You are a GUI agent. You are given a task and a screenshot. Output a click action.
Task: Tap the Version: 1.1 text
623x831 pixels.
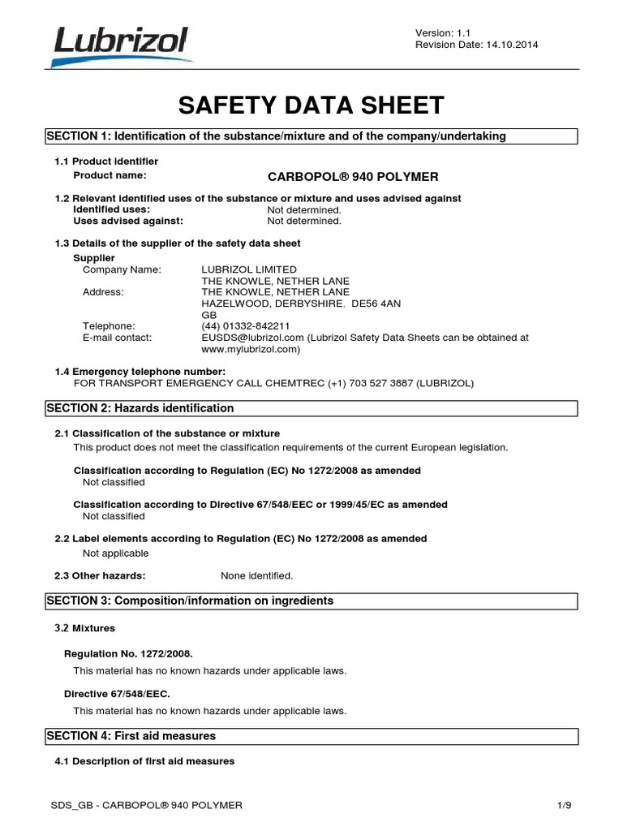(443, 32)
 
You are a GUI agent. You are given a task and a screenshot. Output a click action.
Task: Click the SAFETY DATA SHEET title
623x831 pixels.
(311, 105)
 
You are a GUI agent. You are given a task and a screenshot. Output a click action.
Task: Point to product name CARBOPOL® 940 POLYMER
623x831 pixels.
(352, 176)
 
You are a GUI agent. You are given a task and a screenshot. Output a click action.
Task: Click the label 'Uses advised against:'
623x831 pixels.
(128, 221)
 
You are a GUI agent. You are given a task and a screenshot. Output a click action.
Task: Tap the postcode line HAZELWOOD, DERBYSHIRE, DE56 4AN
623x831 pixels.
(301, 304)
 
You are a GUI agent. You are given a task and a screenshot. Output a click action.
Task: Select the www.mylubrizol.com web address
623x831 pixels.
(250, 349)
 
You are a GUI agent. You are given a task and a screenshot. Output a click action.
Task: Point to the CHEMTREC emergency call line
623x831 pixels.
(273, 383)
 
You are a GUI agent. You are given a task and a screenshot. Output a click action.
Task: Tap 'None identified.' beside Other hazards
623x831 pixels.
(257, 576)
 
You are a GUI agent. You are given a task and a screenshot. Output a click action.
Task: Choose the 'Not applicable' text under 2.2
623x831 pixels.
(116, 553)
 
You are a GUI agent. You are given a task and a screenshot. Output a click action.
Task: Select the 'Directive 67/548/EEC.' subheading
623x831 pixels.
(117, 695)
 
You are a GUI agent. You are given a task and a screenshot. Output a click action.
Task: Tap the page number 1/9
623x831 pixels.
(565, 805)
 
